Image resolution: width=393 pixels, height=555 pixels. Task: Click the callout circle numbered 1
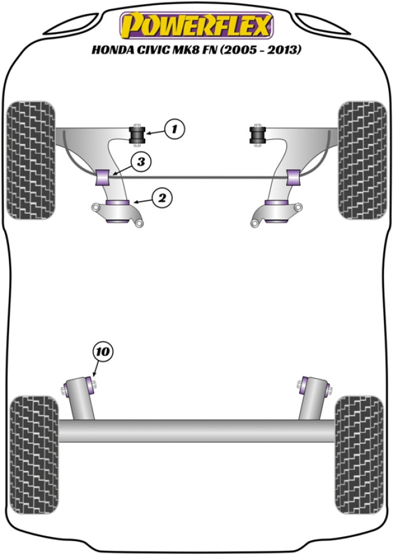[174, 128]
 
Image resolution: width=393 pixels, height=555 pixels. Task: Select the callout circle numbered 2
[163, 197]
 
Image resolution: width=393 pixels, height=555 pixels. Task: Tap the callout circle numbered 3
[140, 162]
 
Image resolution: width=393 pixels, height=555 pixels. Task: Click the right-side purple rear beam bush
[304, 383]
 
